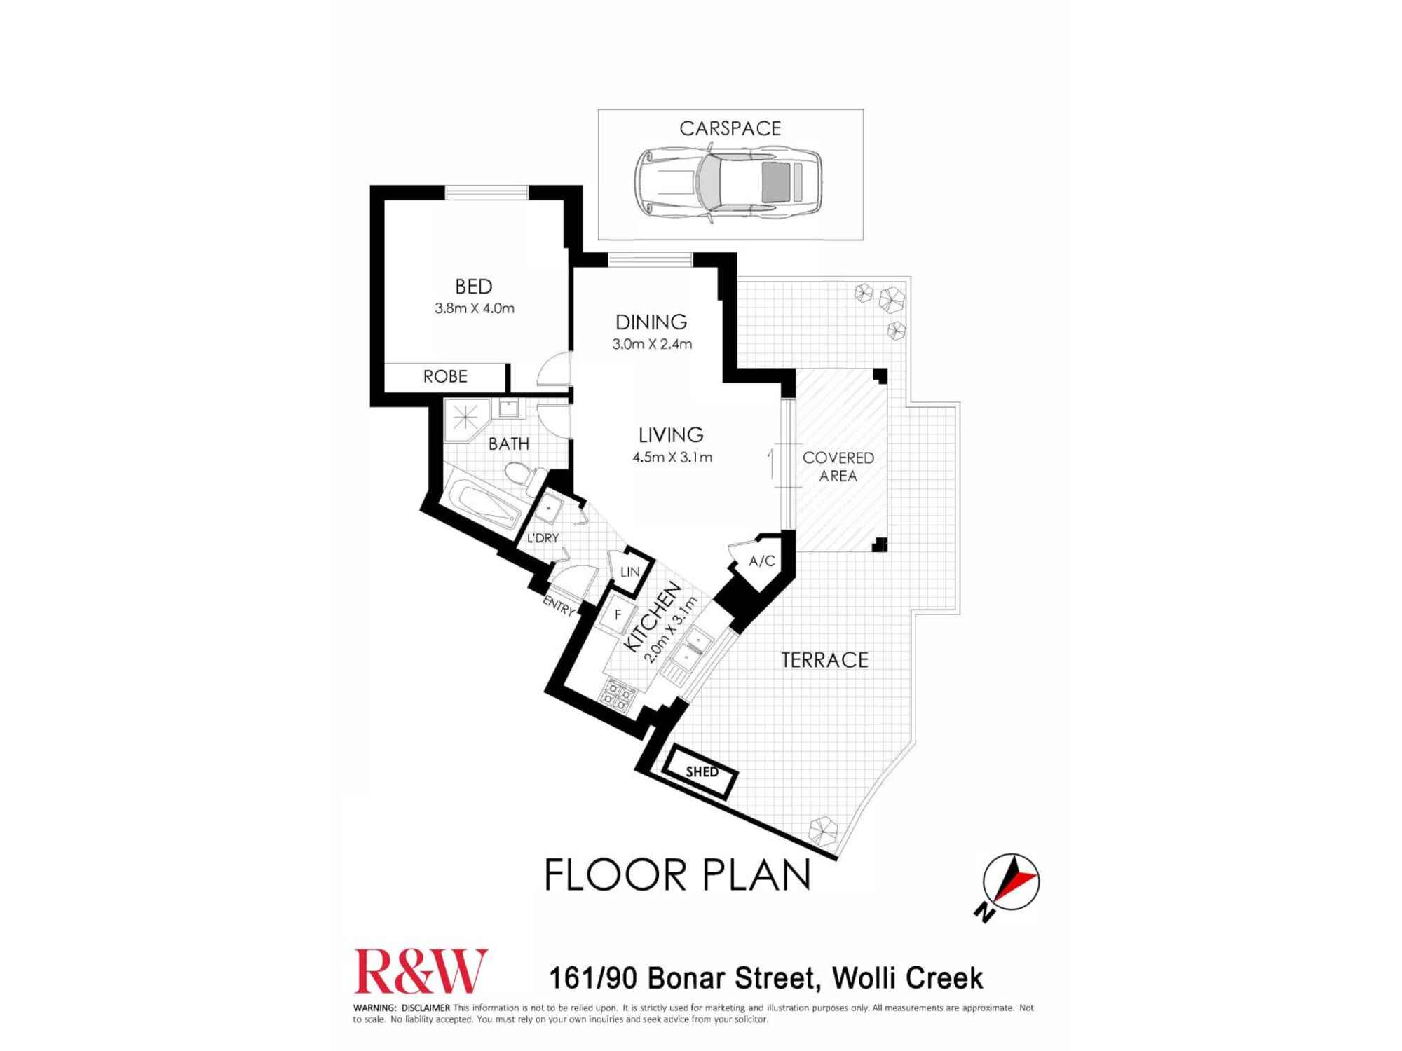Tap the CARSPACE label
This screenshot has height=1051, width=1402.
tap(730, 128)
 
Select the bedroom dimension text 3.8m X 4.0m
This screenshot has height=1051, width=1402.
tap(475, 308)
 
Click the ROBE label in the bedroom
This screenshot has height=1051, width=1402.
tap(445, 376)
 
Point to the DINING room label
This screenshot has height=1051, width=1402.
tap(651, 322)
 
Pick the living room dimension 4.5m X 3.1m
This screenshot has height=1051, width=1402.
tap(672, 458)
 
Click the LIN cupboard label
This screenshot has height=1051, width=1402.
tap(629, 572)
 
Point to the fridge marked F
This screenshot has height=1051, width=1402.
tap(618, 615)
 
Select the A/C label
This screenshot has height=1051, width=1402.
tap(762, 561)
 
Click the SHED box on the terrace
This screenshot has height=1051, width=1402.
tap(702, 771)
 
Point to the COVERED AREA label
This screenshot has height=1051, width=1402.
tap(838, 467)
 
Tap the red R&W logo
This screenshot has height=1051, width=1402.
tap(421, 972)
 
